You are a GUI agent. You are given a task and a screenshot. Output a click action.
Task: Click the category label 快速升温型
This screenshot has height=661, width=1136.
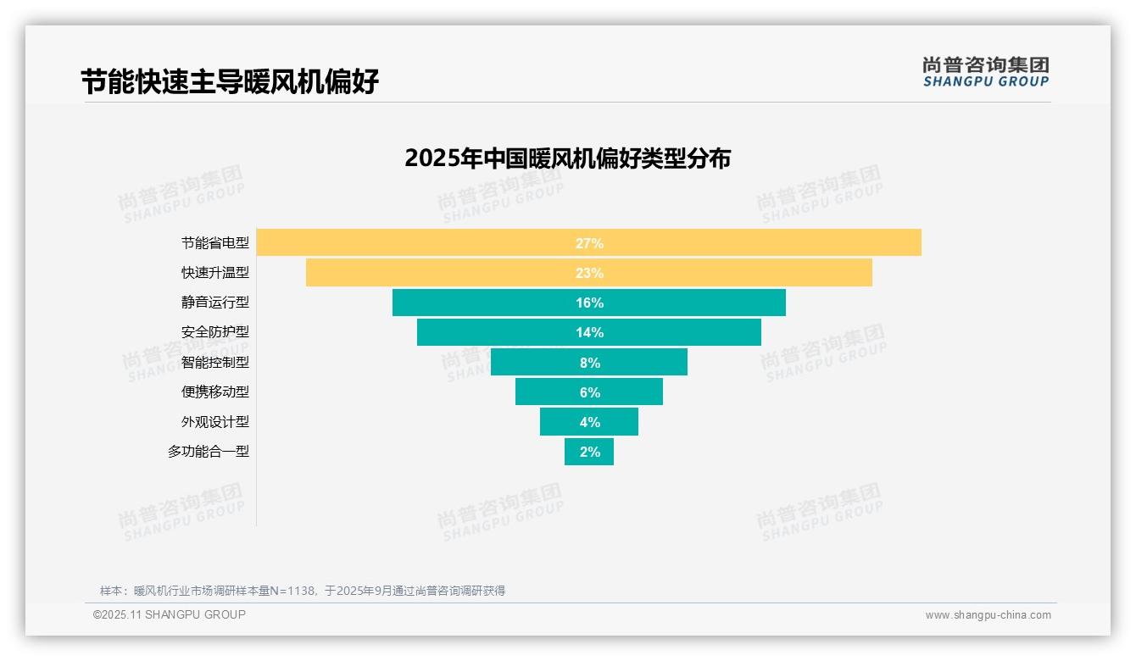(215, 273)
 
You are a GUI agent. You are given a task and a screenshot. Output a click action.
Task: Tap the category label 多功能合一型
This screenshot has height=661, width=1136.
(209, 452)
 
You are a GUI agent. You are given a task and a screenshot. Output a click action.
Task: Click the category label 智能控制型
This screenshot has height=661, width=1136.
(215, 363)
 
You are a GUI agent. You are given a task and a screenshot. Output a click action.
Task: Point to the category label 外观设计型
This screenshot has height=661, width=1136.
(215, 422)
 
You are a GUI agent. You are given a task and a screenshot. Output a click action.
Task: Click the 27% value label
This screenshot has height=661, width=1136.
(589, 243)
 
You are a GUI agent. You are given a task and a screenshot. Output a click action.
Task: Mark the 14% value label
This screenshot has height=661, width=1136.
(589, 332)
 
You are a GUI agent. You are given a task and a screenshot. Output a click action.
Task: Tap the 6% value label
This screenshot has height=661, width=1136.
(589, 392)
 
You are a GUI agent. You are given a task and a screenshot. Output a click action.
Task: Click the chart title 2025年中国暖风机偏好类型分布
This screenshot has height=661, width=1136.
(567, 158)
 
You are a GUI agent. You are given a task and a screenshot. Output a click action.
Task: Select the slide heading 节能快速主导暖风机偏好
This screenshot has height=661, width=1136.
(230, 82)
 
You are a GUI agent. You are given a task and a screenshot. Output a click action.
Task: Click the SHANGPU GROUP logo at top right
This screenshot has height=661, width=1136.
(985, 72)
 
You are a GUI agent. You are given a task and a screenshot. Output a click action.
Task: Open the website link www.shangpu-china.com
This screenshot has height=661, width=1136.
(988, 615)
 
